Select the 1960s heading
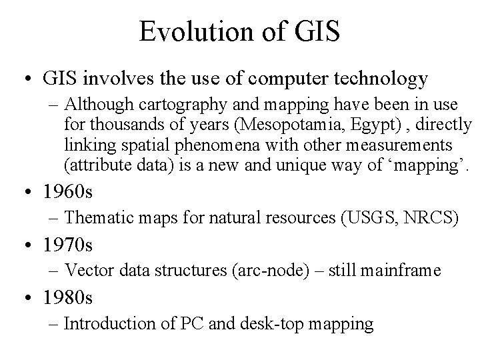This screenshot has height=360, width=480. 68,192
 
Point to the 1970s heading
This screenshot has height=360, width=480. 68,246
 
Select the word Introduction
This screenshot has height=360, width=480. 107,325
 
